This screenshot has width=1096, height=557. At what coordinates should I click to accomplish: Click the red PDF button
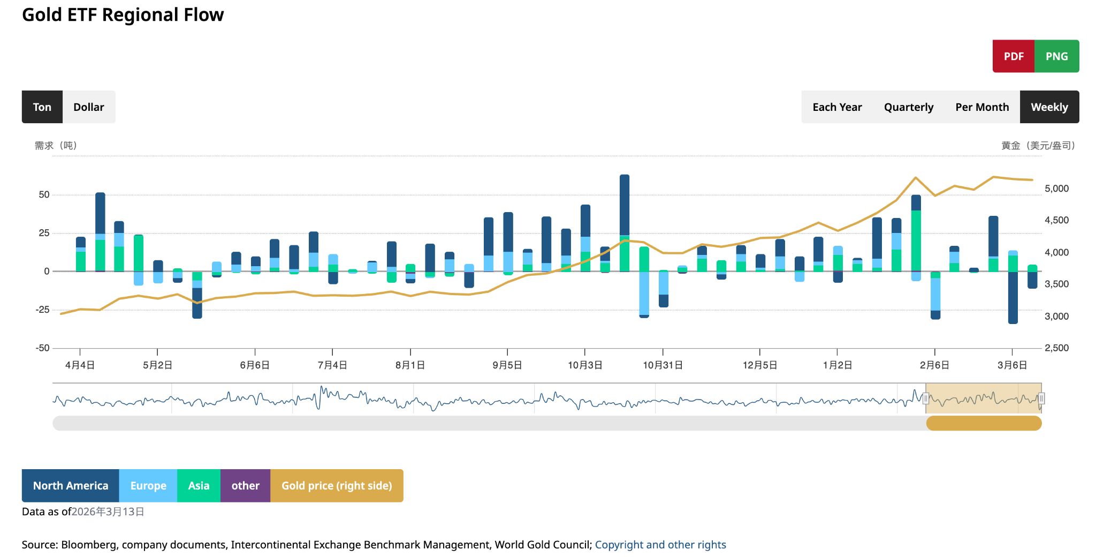point(1013,56)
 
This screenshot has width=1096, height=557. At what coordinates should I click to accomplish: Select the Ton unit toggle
point(42,107)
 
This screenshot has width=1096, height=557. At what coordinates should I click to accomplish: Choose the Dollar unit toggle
point(89,107)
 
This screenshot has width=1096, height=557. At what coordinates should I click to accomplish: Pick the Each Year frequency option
point(837,107)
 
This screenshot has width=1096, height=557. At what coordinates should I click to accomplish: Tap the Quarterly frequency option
point(908,107)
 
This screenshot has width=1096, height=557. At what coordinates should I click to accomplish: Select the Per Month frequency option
point(982,107)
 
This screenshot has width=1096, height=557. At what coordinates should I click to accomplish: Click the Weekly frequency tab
point(1049,107)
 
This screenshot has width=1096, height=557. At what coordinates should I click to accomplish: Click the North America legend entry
point(70,486)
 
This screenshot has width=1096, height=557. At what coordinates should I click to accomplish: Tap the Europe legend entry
point(148,486)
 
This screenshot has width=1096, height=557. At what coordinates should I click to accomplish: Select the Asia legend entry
point(199,486)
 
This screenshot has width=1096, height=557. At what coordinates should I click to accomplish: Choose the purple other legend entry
point(245,486)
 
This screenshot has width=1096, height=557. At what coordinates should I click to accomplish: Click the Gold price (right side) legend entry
point(337,486)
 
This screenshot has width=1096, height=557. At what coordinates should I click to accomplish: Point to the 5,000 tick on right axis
point(1056,189)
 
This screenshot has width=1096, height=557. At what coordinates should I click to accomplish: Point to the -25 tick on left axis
point(43,310)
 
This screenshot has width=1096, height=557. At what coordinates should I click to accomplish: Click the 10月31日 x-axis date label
point(663,365)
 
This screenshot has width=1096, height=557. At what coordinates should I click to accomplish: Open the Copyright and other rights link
point(660,545)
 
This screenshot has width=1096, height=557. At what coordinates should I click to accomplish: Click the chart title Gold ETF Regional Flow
point(123,15)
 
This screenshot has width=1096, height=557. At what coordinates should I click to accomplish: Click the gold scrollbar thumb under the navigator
point(984,424)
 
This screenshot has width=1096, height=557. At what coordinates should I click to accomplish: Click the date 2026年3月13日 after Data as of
point(108,511)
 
